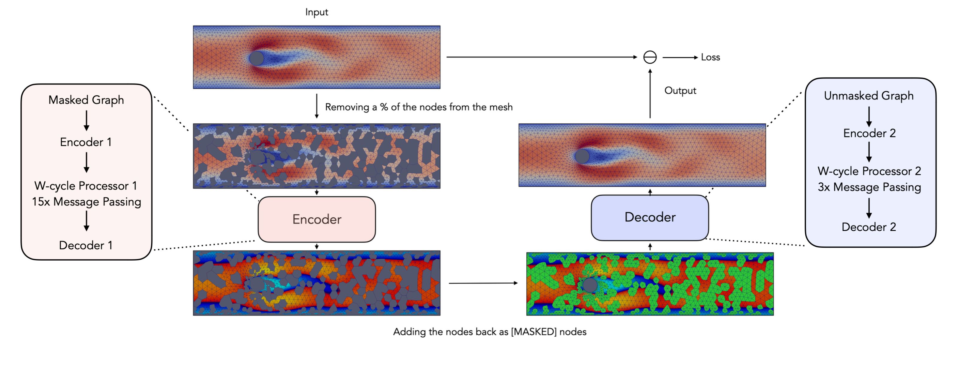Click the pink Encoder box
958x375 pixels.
tap(316, 219)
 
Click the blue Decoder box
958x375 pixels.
tap(650, 217)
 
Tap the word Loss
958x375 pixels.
tap(710, 57)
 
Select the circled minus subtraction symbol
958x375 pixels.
tap(650, 57)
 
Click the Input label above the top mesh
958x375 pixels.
tap(316, 12)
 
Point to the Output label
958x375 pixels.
tap(680, 90)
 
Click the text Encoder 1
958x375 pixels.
tap(86, 142)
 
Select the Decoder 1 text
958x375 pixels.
tap(86, 245)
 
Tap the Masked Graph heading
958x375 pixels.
tap(86, 100)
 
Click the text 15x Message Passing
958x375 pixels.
tap(86, 202)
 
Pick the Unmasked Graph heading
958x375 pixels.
tap(869, 96)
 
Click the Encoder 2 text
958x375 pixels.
tap(869, 133)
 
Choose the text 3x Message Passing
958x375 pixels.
tap(869, 187)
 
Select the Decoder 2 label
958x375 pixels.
tap(869, 227)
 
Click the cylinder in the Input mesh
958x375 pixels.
tap(256, 58)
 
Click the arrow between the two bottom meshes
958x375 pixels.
tap(483, 283)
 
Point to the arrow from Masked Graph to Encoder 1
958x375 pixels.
tap(86, 120)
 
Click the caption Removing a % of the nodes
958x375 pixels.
tap(419, 107)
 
